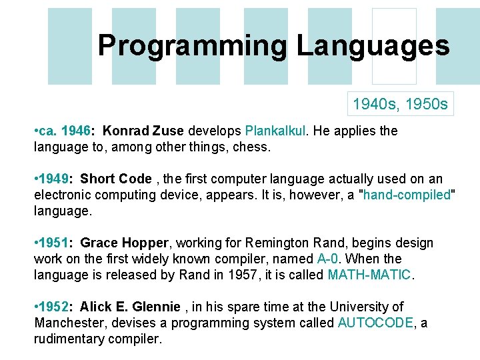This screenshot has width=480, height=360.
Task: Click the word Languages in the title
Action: pos(373,45)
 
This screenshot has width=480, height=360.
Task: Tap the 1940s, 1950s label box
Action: pos(400,104)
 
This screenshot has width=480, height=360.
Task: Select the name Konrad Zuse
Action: pos(145,131)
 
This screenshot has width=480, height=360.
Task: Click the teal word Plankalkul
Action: pos(274,131)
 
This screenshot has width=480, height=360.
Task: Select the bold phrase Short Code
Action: pos(116,179)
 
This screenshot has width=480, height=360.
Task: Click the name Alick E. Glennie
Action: pos(130,307)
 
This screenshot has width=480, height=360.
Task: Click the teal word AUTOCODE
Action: pos(376,323)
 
